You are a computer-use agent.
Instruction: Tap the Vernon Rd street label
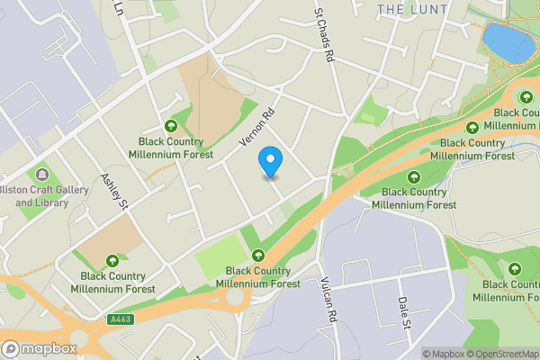coord(256,130)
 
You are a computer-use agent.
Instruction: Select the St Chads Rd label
coord(324,36)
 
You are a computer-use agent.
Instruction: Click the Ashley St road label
coord(116,192)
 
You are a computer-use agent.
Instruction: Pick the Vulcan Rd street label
coord(327,301)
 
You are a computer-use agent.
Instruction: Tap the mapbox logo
coord(39,348)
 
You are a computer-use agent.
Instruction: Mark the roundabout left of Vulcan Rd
coord(238,298)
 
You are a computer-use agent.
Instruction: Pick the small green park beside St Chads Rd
coord(369,112)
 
